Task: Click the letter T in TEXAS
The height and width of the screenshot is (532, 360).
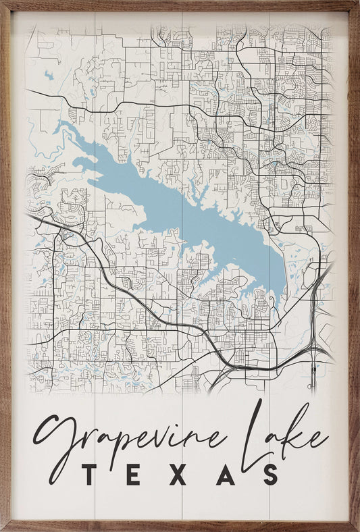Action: (x=91, y=475)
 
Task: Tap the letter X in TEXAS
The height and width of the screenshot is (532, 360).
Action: (x=178, y=475)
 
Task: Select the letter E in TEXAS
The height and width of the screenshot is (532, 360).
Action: (x=134, y=475)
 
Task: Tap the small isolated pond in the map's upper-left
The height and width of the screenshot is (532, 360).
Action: (x=49, y=76)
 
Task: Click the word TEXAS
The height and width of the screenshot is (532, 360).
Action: (x=180, y=475)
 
